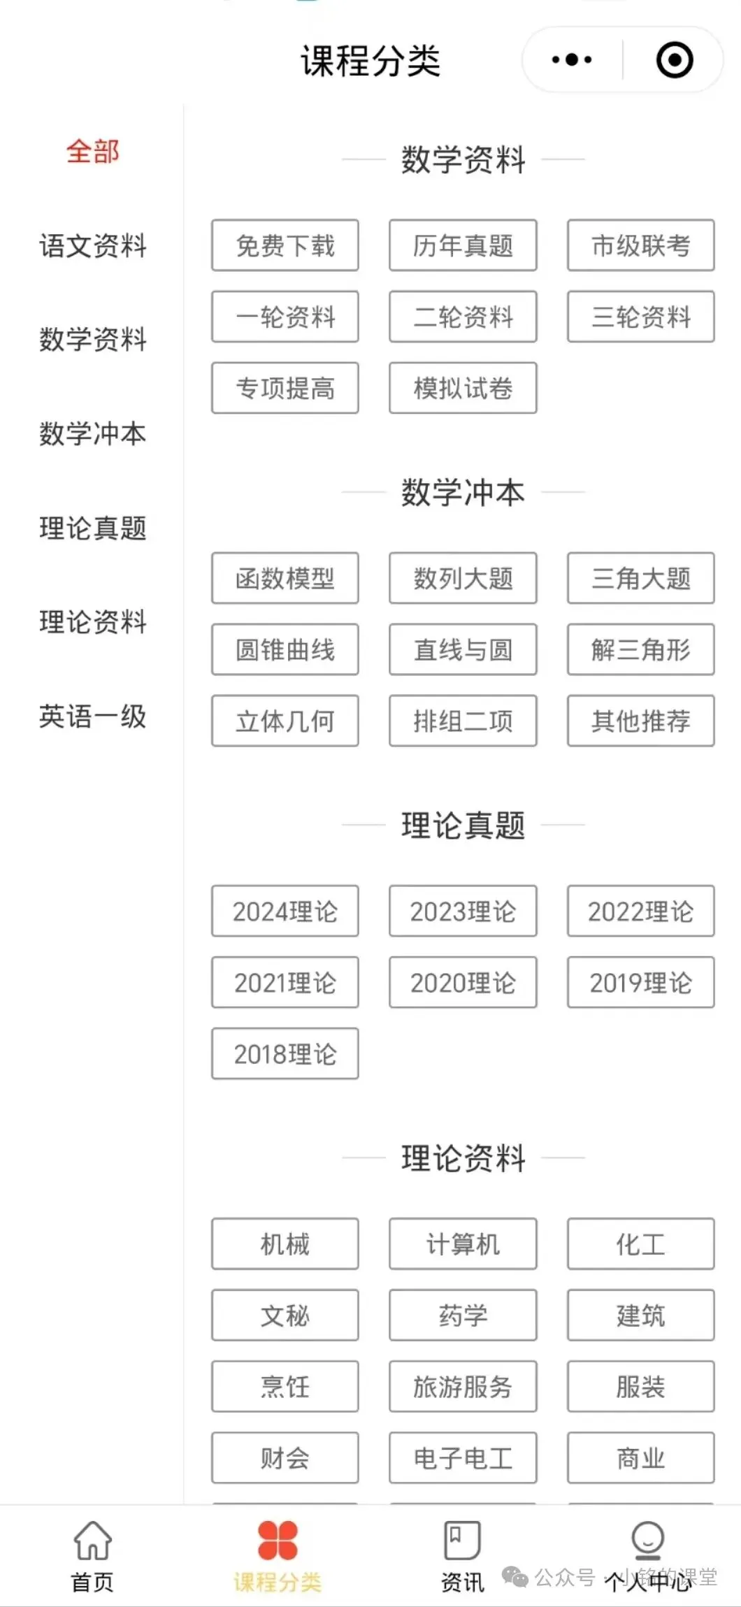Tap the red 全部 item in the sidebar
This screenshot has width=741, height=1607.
[93, 152]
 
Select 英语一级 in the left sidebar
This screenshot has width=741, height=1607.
[93, 716]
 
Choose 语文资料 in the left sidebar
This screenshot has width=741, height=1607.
[93, 246]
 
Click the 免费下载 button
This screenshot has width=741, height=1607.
[285, 245]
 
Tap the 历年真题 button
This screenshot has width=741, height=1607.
[463, 245]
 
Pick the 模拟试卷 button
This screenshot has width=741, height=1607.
[463, 388]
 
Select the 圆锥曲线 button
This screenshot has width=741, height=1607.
[285, 649]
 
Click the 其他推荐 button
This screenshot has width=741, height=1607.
[640, 721]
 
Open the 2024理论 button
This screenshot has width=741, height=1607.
[285, 911]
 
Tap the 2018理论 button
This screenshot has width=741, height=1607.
[285, 1054]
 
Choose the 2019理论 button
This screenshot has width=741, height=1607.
[640, 983]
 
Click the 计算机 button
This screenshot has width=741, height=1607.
[463, 1244]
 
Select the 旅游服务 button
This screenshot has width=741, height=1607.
[463, 1387]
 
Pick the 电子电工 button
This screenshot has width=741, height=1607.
[463, 1458]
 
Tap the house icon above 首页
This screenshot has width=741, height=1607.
[93, 1541]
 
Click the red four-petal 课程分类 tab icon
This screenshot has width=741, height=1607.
[278, 1541]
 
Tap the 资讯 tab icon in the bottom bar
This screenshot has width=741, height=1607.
[462, 1541]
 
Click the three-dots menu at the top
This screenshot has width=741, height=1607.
[572, 60]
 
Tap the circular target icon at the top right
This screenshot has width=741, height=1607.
[675, 60]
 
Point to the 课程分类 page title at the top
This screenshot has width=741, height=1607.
[370, 61]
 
